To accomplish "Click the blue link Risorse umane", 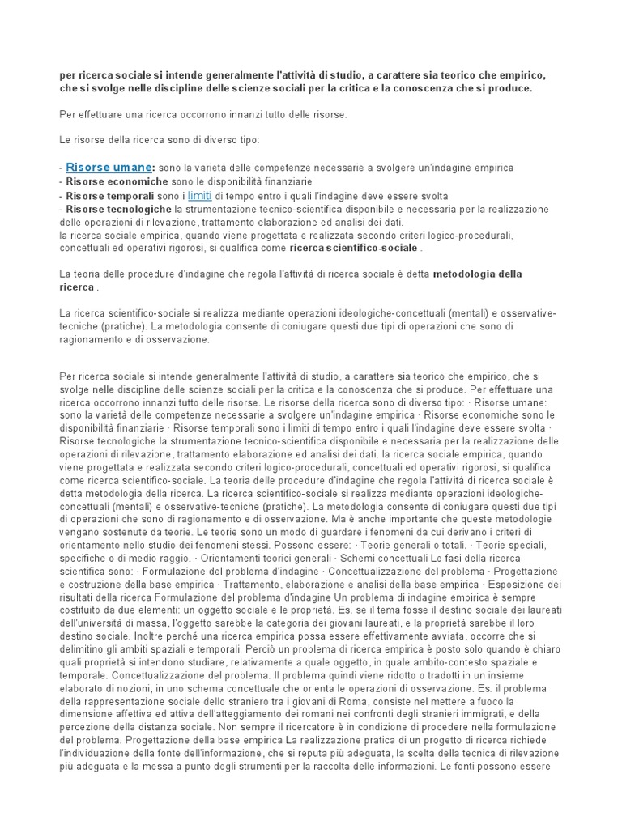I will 109,167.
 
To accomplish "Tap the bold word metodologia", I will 465,274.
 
